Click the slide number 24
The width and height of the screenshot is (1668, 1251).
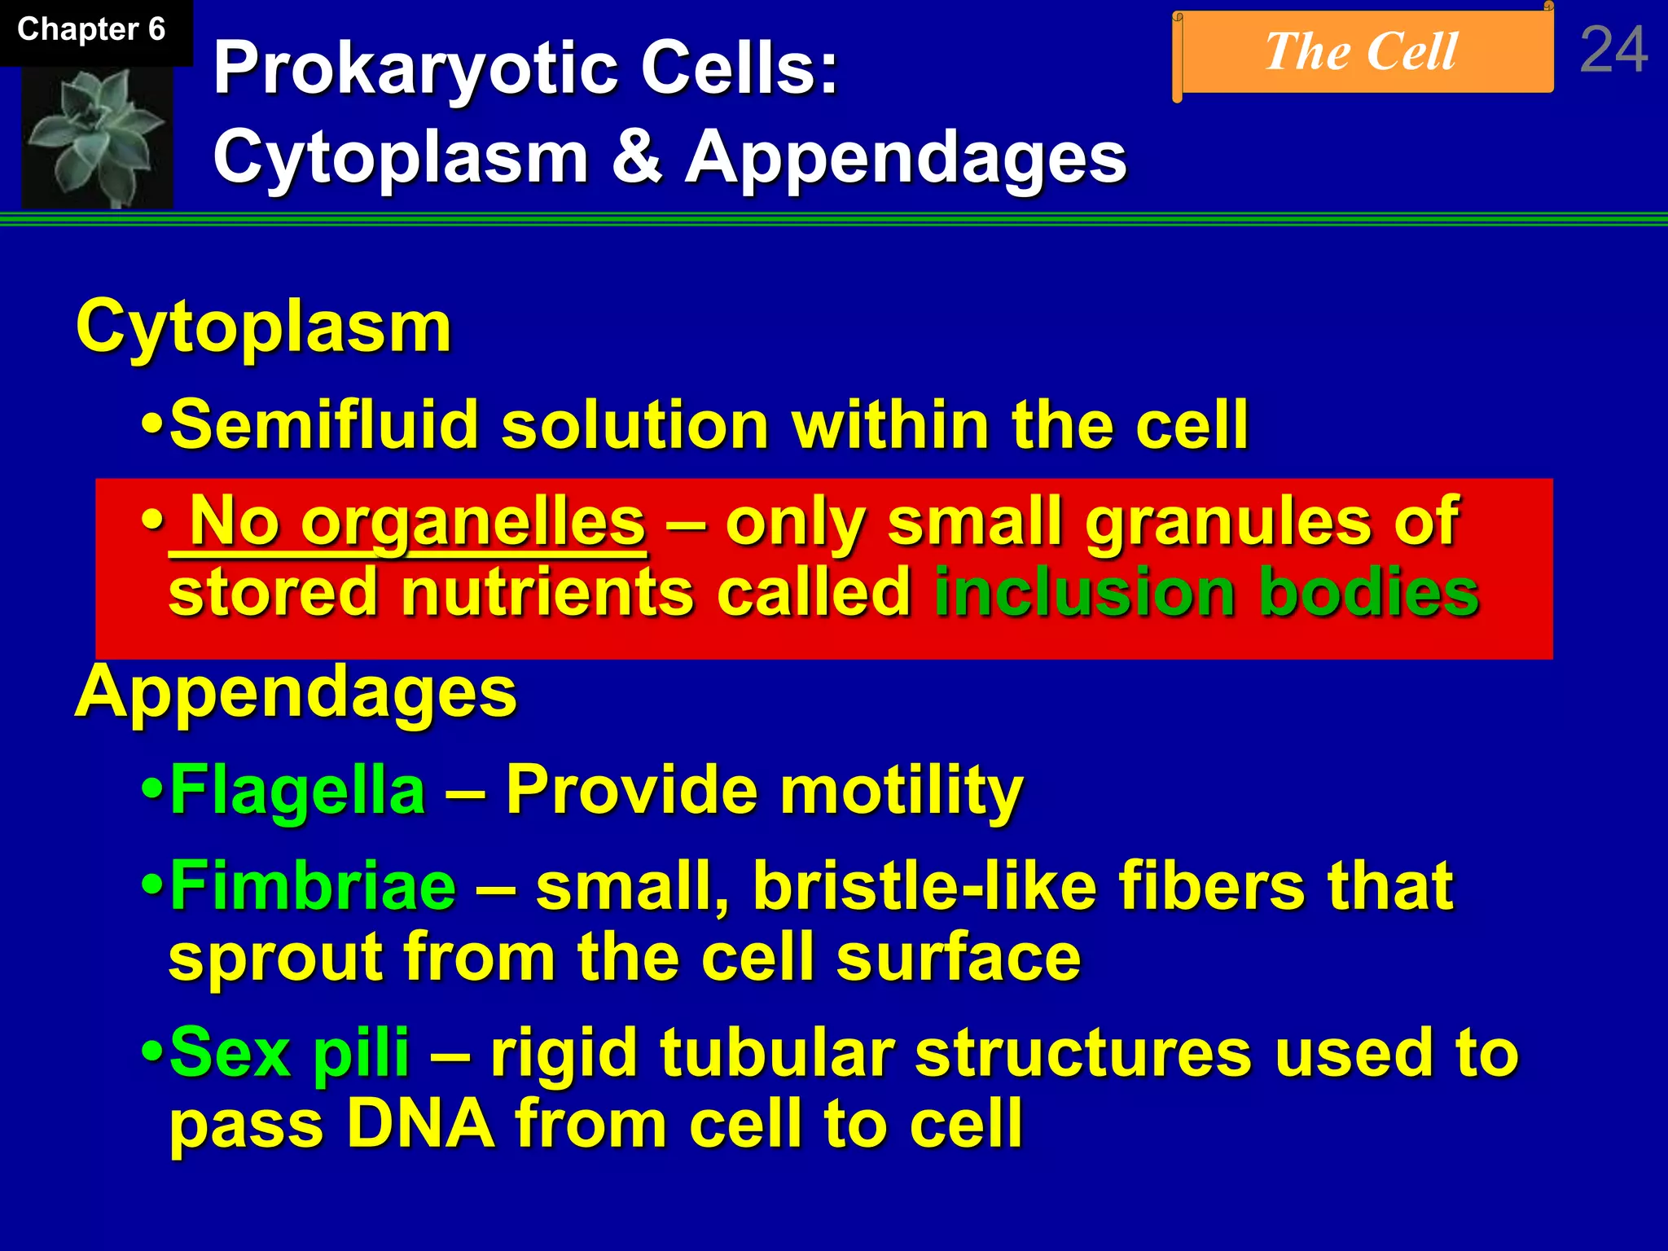coord(1613,50)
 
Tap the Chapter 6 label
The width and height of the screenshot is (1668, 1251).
coord(91,30)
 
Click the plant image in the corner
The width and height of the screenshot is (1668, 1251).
coord(97,137)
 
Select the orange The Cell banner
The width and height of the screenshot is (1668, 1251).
coord(1363,52)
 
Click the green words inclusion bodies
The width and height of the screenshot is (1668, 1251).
coord(1205,592)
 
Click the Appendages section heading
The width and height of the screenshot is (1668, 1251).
coord(296,692)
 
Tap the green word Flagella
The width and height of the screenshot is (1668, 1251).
coord(298,790)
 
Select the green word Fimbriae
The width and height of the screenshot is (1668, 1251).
coord(313,886)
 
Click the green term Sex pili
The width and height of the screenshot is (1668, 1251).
coord(289,1053)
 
